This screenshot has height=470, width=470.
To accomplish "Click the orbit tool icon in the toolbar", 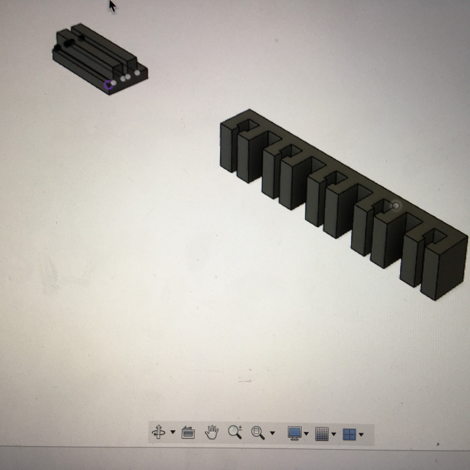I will coord(158,432).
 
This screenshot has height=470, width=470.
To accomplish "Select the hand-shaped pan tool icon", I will coord(211,432).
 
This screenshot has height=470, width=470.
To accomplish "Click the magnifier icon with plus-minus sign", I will coord(235,432).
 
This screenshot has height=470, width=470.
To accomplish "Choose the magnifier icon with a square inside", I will coord(258,432).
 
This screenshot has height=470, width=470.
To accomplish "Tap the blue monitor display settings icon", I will coord(294,433).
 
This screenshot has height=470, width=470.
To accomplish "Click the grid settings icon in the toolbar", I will coord(322,433).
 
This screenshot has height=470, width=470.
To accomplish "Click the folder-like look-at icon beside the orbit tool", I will coord(188,432).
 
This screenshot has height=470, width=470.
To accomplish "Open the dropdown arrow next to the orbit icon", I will coord(172,433).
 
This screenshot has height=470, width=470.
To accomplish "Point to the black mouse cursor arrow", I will coord(112,5).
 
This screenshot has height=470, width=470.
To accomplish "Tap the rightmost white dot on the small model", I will coord(137,72).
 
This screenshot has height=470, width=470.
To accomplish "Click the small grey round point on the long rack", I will coord(395,206).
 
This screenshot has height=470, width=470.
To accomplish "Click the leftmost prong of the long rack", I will coord(227,147).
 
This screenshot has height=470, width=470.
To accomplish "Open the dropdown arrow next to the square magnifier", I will coord(272,433).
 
